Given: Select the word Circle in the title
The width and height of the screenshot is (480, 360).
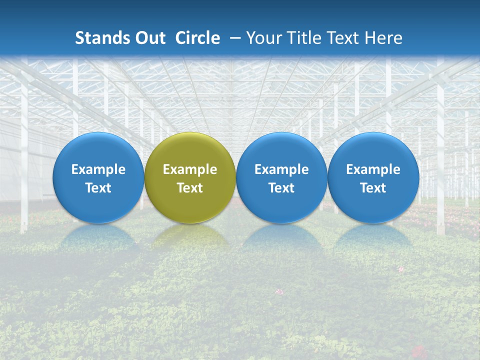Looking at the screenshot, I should click(197, 38).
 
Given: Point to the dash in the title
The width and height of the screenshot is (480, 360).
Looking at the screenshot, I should click(235, 38).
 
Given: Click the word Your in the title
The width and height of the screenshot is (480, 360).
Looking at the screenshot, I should click(263, 38).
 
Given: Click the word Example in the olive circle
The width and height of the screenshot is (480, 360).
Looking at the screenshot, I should click(190, 169).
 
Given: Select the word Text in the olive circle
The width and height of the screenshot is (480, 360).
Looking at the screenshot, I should click(190, 188).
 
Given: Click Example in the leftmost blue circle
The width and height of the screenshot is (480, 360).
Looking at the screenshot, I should click(98, 169).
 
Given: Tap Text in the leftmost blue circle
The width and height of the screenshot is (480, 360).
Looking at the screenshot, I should click(98, 188).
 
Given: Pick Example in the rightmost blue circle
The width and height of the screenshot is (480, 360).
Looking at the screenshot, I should click(373, 169).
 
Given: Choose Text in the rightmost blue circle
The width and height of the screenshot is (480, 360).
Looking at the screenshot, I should click(373, 188).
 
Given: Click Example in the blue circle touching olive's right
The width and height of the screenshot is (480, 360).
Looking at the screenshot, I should click(281, 169).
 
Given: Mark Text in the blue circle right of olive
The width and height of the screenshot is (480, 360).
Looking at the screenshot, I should click(281, 188).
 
